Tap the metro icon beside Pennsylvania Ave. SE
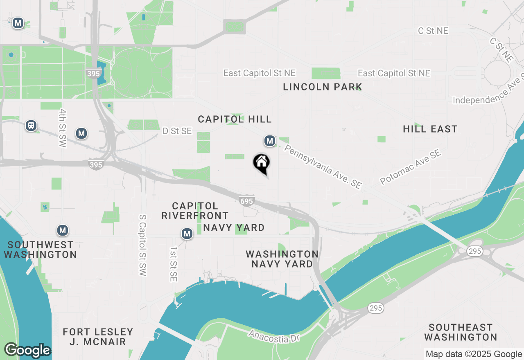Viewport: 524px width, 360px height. click(x=269, y=141)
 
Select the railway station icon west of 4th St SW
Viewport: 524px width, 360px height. click(x=31, y=126)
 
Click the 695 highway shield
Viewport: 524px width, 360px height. click(x=247, y=201)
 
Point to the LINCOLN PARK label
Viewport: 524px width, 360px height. click(x=323, y=87)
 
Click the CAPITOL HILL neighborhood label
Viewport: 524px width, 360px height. click(x=235, y=119)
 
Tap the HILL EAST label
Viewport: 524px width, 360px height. click(x=430, y=129)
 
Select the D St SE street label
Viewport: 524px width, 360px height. click(x=177, y=131)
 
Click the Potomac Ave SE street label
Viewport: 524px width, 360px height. click(x=410, y=166)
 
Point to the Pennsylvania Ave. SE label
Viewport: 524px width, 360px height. click(x=323, y=166)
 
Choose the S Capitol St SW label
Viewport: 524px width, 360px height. click(x=142, y=245)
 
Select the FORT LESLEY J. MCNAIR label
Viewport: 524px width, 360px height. click(x=98, y=336)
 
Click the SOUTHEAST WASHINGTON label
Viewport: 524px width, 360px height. click(x=461, y=332)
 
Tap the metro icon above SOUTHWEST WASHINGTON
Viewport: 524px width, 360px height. click(x=62, y=230)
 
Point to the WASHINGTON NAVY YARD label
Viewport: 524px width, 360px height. click(x=282, y=259)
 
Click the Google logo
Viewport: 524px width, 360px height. click(x=27, y=351)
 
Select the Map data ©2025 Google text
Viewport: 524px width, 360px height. click(x=474, y=354)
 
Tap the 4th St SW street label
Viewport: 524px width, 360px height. click(x=62, y=128)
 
